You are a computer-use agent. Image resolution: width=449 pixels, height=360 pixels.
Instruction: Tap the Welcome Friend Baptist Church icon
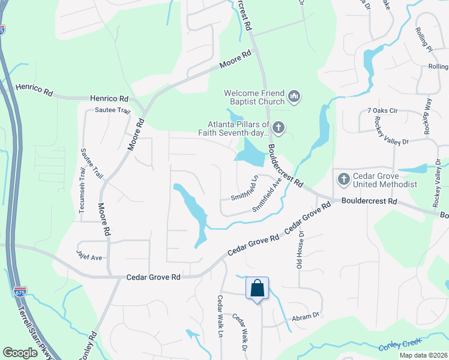click(294, 96)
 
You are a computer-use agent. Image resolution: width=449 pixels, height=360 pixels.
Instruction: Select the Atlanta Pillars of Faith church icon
click(278, 127)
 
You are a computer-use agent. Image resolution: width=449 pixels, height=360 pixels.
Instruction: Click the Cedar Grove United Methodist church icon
click(343, 179)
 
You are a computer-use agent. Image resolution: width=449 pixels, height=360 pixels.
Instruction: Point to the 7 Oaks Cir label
click(382, 111)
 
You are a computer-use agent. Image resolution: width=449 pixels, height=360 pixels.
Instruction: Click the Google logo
click(20, 352)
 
